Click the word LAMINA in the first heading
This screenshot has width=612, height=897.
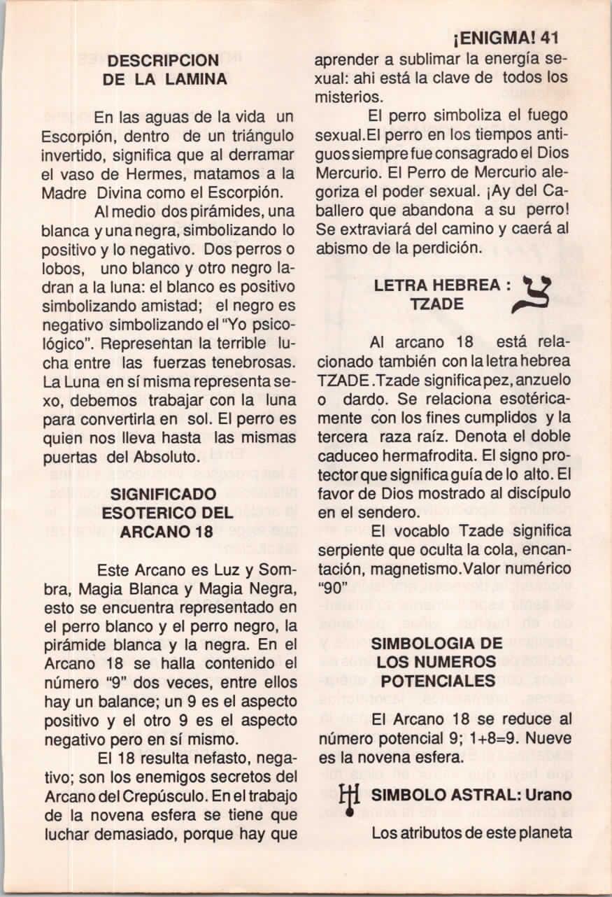coord(197,80)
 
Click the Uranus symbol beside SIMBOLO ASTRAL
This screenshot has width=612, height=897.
coord(348,796)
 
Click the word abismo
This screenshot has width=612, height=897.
coord(338,248)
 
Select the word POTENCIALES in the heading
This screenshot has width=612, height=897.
coord(436,679)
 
